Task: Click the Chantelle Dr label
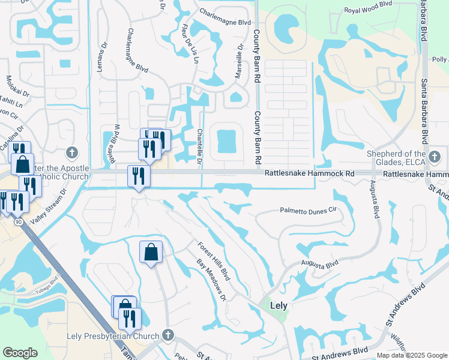click(199, 147)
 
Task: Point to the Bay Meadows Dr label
click(211, 279)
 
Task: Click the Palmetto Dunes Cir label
click(309, 211)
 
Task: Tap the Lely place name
click(279, 305)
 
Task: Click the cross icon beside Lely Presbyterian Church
click(169, 335)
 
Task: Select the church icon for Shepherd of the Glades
click(435, 158)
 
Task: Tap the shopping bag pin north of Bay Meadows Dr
click(151, 251)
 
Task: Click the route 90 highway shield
click(19, 223)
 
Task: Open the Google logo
click(20, 353)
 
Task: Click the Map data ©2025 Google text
click(411, 355)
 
